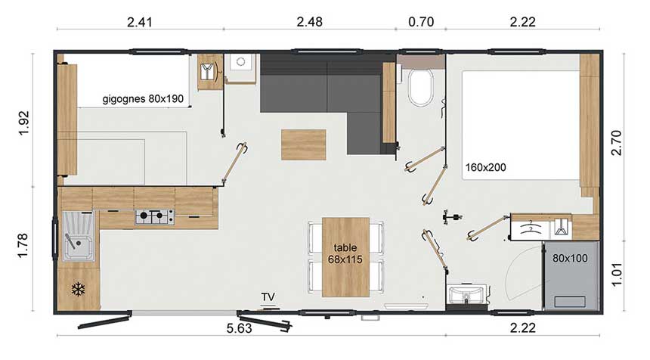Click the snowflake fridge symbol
(78, 289)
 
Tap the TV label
(268, 297)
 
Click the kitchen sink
(79, 237)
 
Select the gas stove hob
(154, 217)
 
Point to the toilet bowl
(420, 88)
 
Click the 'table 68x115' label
(345, 253)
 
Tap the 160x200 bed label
(485, 168)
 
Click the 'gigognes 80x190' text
(143, 99)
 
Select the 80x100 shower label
(570, 259)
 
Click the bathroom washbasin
(467, 293)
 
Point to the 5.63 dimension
(239, 328)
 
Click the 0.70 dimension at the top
(421, 22)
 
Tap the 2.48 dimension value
(309, 22)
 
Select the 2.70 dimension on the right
(617, 142)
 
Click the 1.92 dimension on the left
(24, 123)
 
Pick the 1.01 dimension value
(617, 274)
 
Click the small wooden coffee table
(303, 144)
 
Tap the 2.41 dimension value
(140, 22)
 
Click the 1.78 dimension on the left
(23, 245)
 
